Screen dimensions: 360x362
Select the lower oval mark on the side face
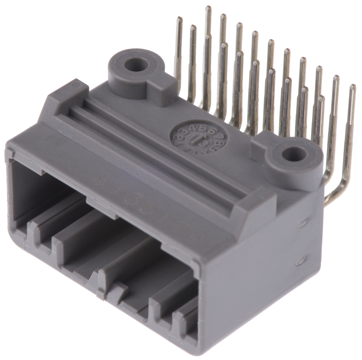[300, 260]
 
